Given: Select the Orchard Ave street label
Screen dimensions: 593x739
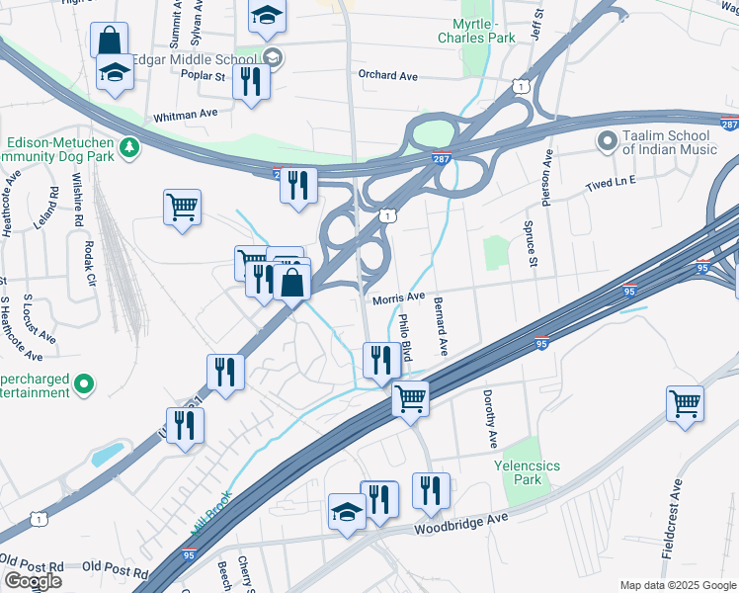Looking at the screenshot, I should pyautogui.click(x=388, y=75).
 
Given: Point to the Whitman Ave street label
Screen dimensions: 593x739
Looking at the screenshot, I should pyautogui.click(x=185, y=115).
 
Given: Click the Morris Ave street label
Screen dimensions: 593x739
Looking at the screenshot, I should pyautogui.click(x=398, y=297).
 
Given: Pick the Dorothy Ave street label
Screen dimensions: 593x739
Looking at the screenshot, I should pyautogui.click(x=489, y=415).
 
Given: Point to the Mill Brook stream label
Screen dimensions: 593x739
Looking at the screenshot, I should pyautogui.click(x=209, y=518).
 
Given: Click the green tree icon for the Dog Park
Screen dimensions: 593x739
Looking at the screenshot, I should pyautogui.click(x=128, y=147).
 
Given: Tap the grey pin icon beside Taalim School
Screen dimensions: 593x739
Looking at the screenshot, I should pyautogui.click(x=606, y=142).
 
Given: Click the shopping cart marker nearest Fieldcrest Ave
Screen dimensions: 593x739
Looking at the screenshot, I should pyautogui.click(x=685, y=403).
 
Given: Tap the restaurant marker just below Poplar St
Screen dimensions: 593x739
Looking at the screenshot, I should pyautogui.click(x=251, y=81).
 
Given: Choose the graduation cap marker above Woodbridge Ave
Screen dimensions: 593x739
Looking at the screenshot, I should pyautogui.click(x=347, y=511).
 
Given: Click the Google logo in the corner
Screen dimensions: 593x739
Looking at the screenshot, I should pyautogui.click(x=33, y=581).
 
